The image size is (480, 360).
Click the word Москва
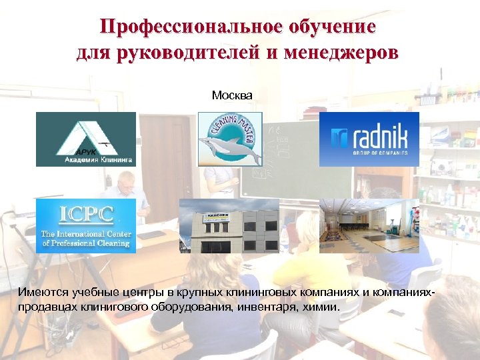tap(232, 95)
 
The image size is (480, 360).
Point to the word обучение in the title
tap(332, 27)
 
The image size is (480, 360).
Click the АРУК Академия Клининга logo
tap(85, 139)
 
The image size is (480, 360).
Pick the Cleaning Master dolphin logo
tap(230, 139)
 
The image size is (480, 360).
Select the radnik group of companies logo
tap(369, 139)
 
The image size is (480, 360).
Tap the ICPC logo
tap(85, 225)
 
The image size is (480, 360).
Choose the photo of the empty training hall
tap(369, 225)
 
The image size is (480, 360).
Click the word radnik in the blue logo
tap(378, 136)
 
